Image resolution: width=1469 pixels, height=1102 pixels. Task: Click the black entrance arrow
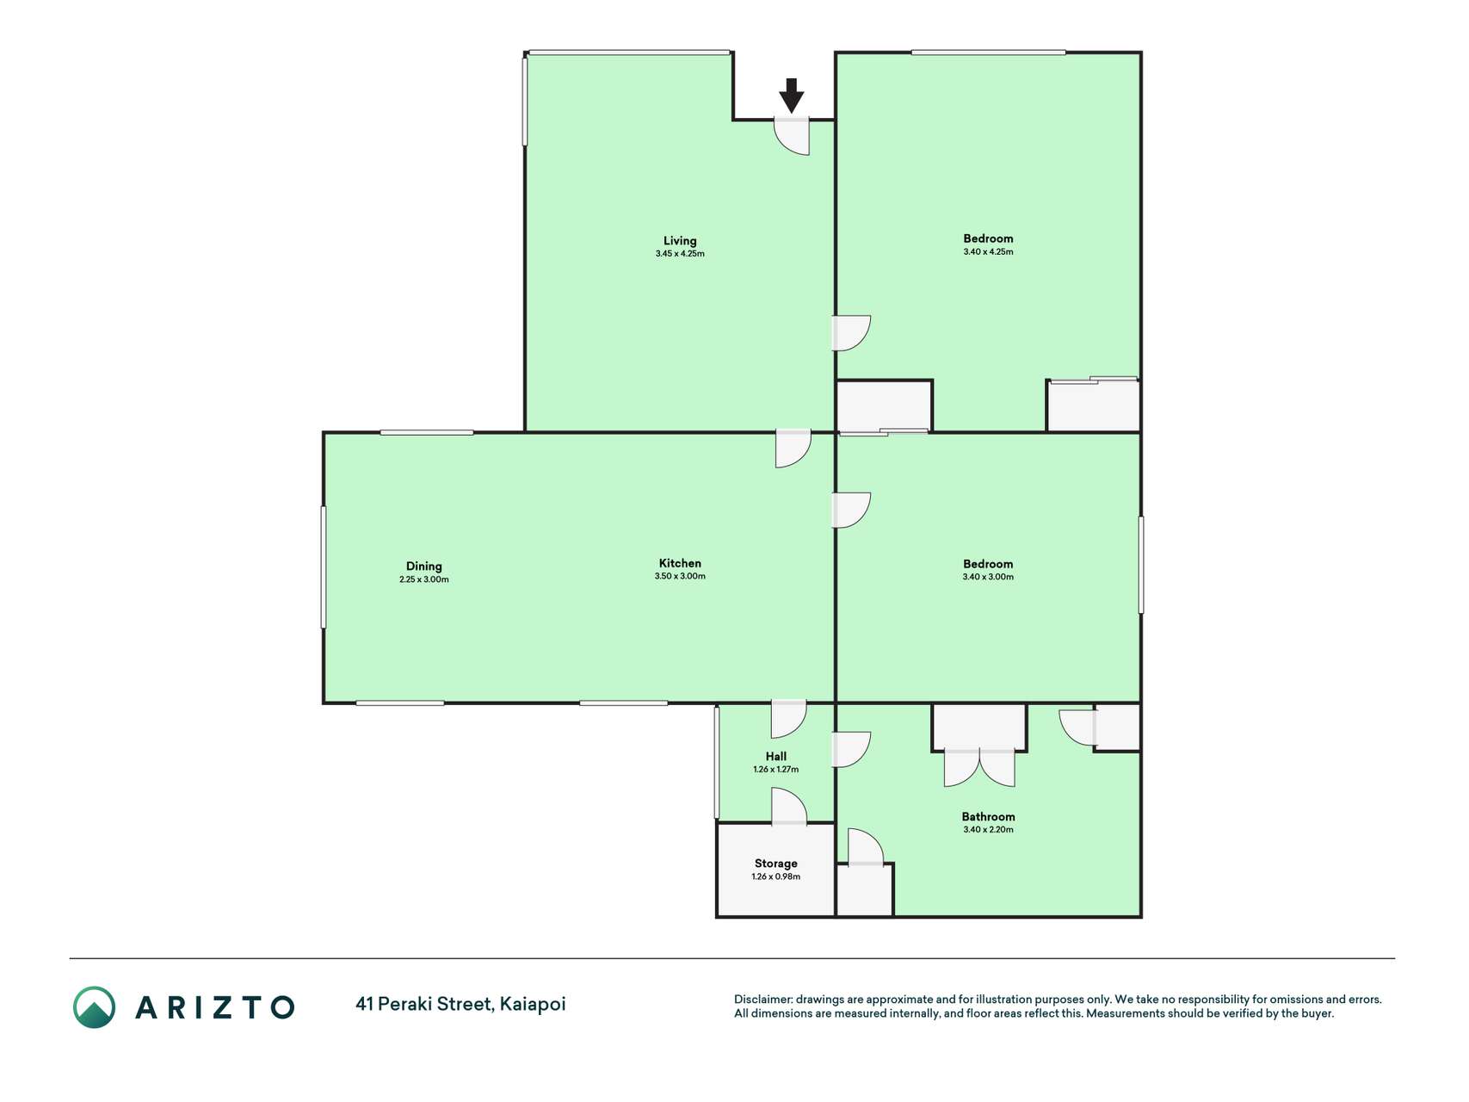tap(792, 96)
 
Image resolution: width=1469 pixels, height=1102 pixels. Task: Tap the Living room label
tap(680, 241)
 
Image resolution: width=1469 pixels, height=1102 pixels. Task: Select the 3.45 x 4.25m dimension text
tap(680, 254)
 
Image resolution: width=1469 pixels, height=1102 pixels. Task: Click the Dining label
tap(424, 566)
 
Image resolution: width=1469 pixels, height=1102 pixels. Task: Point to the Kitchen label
tap(680, 564)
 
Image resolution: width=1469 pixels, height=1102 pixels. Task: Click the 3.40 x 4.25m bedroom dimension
tap(988, 252)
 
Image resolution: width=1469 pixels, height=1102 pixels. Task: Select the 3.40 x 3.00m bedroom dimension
tap(988, 577)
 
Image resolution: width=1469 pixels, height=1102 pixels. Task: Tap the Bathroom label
tap(988, 817)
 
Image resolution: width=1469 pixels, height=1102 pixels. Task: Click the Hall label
tap(776, 757)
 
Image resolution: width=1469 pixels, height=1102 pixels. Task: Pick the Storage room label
tap(776, 864)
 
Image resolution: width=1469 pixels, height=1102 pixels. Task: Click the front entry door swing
tap(793, 136)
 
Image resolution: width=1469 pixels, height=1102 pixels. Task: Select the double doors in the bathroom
tap(979, 768)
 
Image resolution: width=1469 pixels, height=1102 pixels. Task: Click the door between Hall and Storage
tap(789, 807)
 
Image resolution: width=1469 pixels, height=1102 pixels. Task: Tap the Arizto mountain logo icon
tap(94, 1007)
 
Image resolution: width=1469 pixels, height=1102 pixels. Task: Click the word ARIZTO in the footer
tap(215, 1007)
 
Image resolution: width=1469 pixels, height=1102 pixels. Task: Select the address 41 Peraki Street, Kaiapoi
tap(460, 1004)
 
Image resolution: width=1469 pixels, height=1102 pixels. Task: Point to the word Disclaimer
tap(762, 1000)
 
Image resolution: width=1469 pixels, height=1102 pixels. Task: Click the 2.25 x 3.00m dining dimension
tap(424, 580)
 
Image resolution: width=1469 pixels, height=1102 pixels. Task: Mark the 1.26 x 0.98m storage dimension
tap(776, 877)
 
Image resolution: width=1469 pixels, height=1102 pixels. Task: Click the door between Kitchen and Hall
tap(788, 720)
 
